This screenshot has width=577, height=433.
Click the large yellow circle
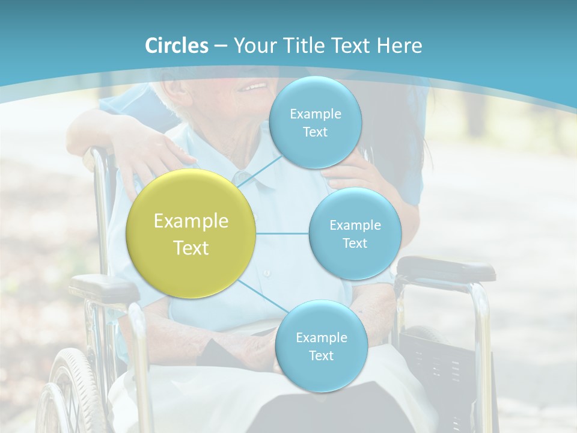point(191,233)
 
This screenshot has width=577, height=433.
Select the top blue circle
point(315,123)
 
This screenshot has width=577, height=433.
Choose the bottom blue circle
point(321,346)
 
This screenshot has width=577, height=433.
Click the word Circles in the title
point(177,46)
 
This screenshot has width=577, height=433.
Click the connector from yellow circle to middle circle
point(282,233)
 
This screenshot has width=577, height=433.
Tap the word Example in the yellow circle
point(191,221)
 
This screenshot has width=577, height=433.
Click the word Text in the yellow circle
point(191,248)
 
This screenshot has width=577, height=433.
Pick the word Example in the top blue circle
point(315,114)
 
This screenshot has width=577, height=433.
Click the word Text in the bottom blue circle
point(321,355)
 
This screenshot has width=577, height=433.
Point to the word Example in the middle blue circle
point(355,225)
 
